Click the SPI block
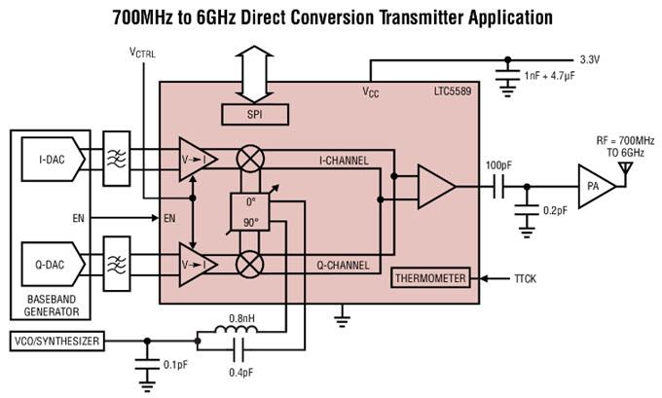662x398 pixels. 255,115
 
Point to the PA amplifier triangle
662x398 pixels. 592,186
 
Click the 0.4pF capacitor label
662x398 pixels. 239,373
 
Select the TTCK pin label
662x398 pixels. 527,278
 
